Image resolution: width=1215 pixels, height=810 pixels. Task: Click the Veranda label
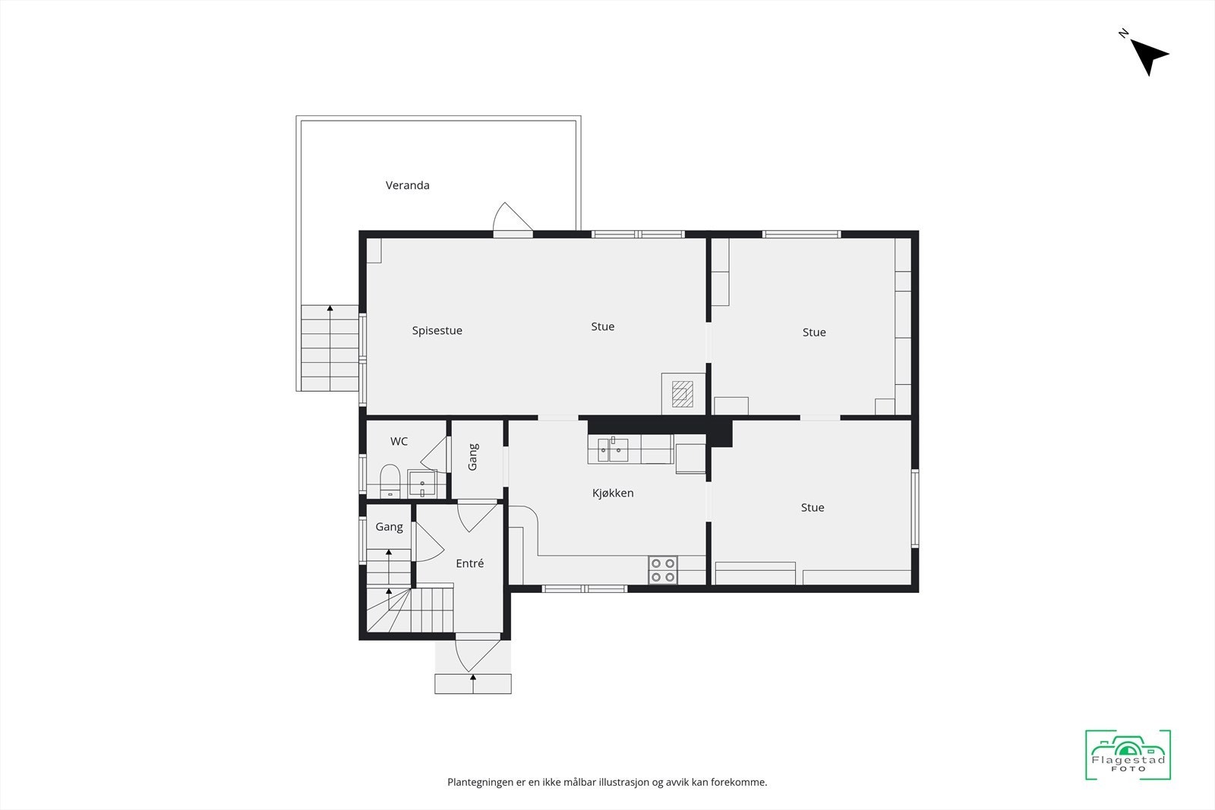[x=407, y=185]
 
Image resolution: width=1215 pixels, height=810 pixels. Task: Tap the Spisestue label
[x=437, y=331]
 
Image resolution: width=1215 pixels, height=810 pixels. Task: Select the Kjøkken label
[x=613, y=493]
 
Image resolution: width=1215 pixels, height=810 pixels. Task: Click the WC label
[x=399, y=442]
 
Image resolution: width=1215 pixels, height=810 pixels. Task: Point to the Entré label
[x=469, y=563]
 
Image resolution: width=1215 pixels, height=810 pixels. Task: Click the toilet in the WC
[x=390, y=480]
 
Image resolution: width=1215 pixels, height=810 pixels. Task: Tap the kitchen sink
[x=613, y=449]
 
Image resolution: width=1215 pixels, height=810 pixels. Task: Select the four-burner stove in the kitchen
[x=662, y=570]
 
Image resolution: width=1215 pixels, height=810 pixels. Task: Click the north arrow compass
[x=1148, y=55]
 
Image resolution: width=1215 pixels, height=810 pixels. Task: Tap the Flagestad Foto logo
[x=1128, y=755]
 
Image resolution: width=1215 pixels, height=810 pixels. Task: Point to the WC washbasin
[x=421, y=484]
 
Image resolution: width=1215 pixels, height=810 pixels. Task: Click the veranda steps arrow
[x=330, y=309]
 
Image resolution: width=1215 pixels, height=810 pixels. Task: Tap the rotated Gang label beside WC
[x=473, y=457]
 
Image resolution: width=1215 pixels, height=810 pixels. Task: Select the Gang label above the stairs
[x=389, y=527]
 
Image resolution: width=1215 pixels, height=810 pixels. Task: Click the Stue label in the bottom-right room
[x=812, y=508]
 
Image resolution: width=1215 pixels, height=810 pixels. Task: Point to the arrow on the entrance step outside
[x=473, y=676]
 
